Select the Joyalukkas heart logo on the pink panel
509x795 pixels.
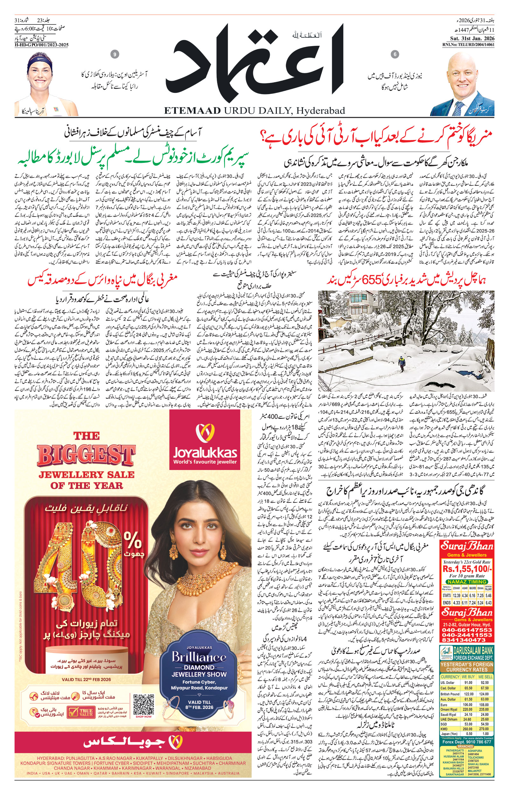[205, 433]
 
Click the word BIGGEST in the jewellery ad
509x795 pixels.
[86, 455]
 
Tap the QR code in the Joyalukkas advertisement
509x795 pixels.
[144, 704]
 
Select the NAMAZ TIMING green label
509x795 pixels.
[467, 582]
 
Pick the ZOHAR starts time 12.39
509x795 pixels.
[457, 595]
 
